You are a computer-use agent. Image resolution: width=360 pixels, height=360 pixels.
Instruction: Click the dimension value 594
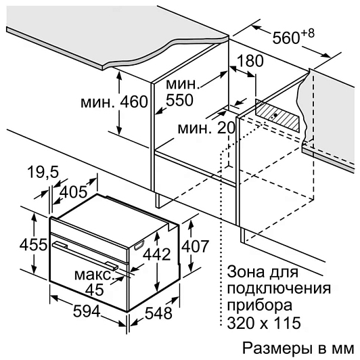pyautogui.click(x=87, y=311)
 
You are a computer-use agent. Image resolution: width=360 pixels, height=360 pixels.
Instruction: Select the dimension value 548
pyautogui.click(x=158, y=313)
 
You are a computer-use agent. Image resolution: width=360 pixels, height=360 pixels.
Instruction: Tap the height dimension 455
pyautogui.click(x=34, y=244)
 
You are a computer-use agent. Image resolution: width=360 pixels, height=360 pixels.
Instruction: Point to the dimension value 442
pyautogui.click(x=157, y=254)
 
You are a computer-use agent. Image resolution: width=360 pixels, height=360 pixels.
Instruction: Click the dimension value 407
pyautogui.click(x=195, y=246)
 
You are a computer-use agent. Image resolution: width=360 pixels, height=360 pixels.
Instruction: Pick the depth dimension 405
pyautogui.click(x=73, y=192)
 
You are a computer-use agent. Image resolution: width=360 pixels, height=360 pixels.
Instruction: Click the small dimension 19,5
pyautogui.click(x=43, y=172)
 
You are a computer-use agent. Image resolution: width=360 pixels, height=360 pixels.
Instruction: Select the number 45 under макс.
pyautogui.click(x=94, y=290)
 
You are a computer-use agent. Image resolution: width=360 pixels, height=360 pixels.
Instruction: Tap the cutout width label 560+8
pyautogui.click(x=293, y=37)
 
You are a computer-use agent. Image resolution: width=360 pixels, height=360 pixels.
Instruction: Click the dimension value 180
pyautogui.click(x=250, y=61)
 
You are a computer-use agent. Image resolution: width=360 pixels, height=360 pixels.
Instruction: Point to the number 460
pyautogui.click(x=134, y=102)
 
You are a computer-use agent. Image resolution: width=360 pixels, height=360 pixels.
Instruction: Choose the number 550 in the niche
pyautogui.click(x=179, y=100)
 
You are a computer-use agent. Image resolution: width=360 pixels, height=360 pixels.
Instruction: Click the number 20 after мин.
pyautogui.click(x=226, y=128)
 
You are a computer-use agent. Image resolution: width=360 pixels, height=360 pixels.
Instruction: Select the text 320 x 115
pyautogui.click(x=264, y=323)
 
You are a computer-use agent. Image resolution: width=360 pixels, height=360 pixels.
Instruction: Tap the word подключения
pyautogui.click(x=279, y=289)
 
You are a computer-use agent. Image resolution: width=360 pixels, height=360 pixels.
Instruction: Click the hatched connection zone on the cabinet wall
pyautogui.click(x=277, y=115)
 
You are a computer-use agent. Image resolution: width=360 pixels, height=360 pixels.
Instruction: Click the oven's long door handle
pyautogui.click(x=85, y=254)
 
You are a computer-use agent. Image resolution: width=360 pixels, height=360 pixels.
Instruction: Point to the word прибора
pyautogui.click(x=260, y=306)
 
